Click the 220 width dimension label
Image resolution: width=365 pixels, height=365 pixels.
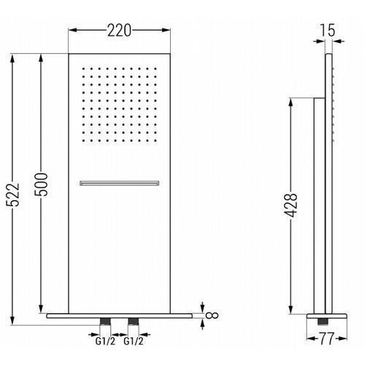point(119,31)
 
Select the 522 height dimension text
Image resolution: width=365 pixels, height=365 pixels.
point(12,195)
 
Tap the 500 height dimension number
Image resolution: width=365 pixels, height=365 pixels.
point(41,185)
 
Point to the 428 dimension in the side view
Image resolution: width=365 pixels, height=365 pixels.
point(291,205)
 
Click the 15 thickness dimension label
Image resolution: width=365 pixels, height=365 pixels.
point(328,31)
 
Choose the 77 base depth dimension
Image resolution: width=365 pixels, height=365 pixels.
point(326,339)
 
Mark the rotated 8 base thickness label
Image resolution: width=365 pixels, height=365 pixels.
point(212,315)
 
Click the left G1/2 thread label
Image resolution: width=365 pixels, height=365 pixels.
point(105,341)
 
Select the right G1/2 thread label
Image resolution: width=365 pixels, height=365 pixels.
point(134,341)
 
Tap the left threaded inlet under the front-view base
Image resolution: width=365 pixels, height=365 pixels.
point(105,321)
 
